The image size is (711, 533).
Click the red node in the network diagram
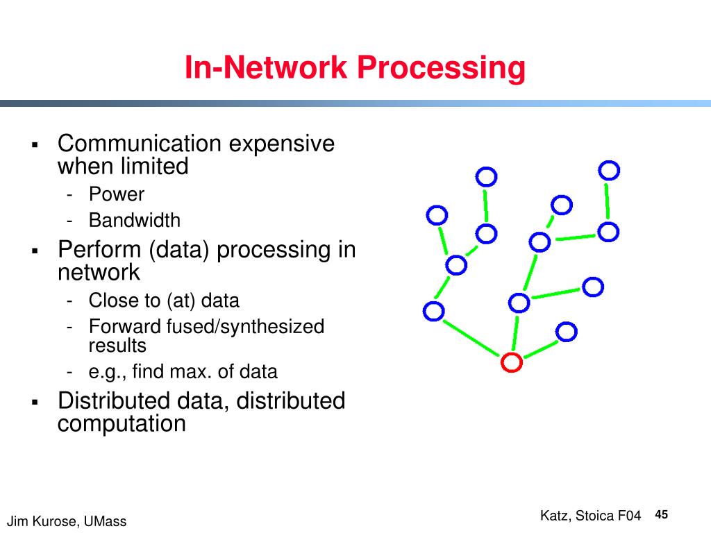click(x=511, y=362)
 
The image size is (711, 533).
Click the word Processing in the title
click(x=441, y=68)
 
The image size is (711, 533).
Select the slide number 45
click(x=661, y=514)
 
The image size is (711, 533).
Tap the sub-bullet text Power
click(x=116, y=194)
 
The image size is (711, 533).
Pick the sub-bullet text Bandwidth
click(x=134, y=221)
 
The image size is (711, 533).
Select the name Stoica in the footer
click(x=594, y=516)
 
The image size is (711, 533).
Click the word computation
click(x=122, y=423)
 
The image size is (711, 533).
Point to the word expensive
click(x=282, y=144)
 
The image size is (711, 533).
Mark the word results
click(x=117, y=345)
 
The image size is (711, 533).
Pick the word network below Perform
click(x=99, y=272)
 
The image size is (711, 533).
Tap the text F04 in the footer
click(x=628, y=516)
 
